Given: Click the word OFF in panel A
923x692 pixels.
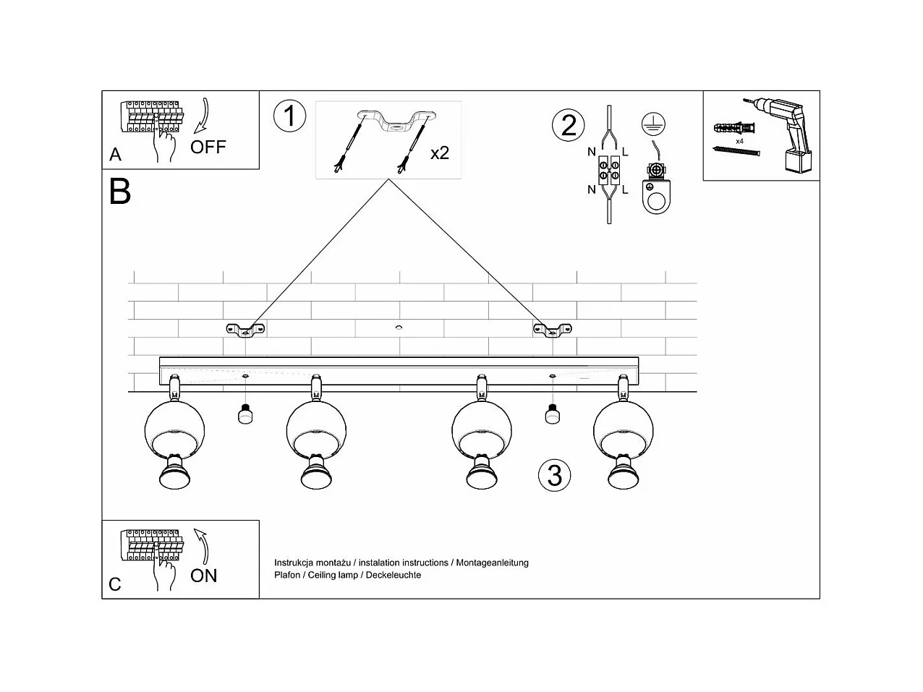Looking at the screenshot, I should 208,147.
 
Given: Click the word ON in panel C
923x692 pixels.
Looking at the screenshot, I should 204,576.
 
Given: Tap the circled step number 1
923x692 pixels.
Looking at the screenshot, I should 290,116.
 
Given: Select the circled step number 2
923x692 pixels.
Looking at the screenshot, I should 569,125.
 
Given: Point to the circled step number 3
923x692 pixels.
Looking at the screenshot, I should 555,475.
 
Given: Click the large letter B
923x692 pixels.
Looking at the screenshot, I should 120,192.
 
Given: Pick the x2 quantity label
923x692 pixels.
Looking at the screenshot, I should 440,153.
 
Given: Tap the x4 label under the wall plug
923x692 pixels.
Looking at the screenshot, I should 739,141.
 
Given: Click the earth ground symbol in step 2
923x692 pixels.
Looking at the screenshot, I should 653,124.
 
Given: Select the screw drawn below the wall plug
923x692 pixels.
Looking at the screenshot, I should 739,150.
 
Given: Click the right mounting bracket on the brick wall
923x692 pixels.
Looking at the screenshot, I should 553,330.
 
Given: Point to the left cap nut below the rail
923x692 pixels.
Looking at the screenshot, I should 246,414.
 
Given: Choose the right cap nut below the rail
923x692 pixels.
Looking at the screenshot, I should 553,414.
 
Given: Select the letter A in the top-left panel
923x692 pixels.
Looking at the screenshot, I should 116,155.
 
